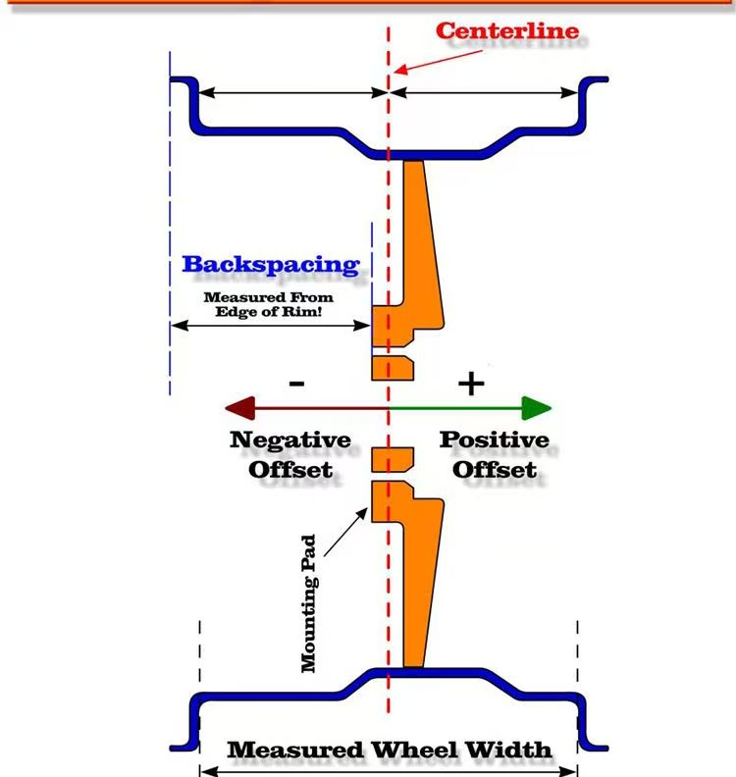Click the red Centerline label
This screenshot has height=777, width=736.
506,30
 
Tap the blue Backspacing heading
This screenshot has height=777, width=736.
271,264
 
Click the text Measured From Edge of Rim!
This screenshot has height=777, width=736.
268,304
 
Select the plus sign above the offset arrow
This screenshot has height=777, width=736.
472,383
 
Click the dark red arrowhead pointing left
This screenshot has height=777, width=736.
238,407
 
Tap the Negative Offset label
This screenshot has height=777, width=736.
290,454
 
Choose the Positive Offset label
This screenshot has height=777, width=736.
494,454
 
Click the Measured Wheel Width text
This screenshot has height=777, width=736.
390,750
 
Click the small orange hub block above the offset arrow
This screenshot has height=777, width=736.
393,367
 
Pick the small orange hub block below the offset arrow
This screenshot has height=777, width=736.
393,459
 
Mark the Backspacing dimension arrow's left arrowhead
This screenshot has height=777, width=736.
177,325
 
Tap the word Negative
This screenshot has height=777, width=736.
290,440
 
